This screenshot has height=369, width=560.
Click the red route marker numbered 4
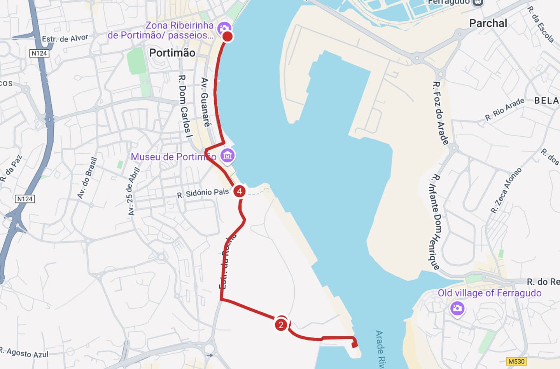[x=239, y=191]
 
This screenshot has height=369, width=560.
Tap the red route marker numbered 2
[x=281, y=324]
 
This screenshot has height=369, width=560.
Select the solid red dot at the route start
[x=227, y=37]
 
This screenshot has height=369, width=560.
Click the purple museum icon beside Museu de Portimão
[x=227, y=156]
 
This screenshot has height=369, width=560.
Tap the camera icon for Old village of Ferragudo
[x=457, y=309]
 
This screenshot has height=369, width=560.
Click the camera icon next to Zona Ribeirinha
[x=224, y=28]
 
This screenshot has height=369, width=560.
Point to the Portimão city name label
[x=172, y=53]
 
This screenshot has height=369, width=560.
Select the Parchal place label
[x=488, y=23]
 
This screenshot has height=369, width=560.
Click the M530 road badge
[x=516, y=361]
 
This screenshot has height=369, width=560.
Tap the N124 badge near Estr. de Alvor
[x=39, y=53]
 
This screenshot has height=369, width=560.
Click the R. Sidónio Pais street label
[x=203, y=193]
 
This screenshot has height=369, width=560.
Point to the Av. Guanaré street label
[x=205, y=102]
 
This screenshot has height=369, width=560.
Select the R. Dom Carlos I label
[x=185, y=106]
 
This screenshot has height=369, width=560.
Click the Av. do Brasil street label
[x=87, y=178]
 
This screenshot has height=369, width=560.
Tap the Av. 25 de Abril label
[x=133, y=191]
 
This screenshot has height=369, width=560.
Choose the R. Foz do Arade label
[x=441, y=113]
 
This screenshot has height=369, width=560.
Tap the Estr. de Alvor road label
[x=65, y=38]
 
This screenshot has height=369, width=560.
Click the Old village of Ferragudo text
[x=490, y=293]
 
